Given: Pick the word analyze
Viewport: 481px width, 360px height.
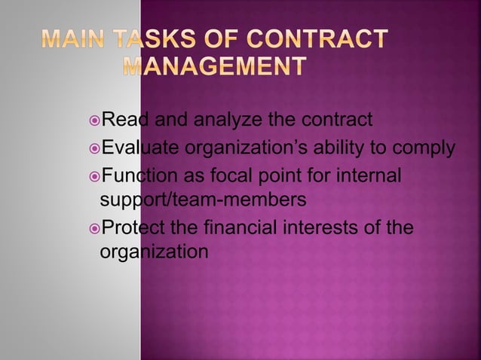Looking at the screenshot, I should (x=226, y=119).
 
